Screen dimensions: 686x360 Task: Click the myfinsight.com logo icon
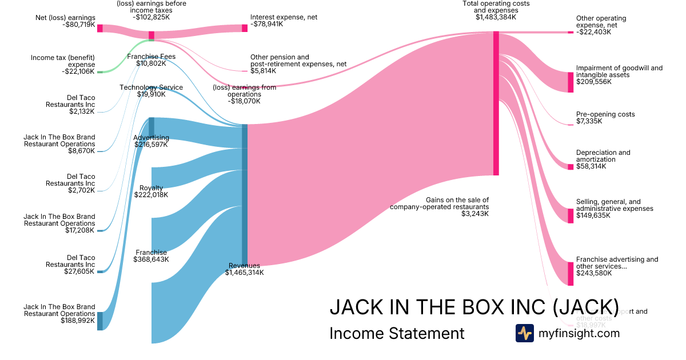(524, 333)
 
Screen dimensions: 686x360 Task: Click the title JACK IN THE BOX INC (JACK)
(474, 307)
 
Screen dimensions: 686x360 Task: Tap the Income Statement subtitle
(397, 333)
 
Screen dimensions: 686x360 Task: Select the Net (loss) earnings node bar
(99, 28)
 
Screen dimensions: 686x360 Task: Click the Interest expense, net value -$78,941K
(266, 25)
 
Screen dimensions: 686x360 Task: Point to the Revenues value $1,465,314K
(244, 273)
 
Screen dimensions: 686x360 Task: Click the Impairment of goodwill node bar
(571, 82)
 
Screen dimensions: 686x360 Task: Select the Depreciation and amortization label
(603, 156)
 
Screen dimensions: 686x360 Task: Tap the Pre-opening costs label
(605, 114)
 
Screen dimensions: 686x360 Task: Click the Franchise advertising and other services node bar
(571, 273)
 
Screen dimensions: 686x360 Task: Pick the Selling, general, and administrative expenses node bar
(571, 215)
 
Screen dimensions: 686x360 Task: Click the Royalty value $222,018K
(151, 195)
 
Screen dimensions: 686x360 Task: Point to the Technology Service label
(151, 87)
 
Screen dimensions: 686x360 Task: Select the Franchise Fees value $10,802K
(151, 63)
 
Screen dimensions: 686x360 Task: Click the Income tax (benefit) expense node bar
(99, 72)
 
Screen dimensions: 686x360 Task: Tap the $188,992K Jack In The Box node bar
(99, 321)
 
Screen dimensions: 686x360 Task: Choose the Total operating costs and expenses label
(496, 7)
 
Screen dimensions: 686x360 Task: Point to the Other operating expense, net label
(601, 22)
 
